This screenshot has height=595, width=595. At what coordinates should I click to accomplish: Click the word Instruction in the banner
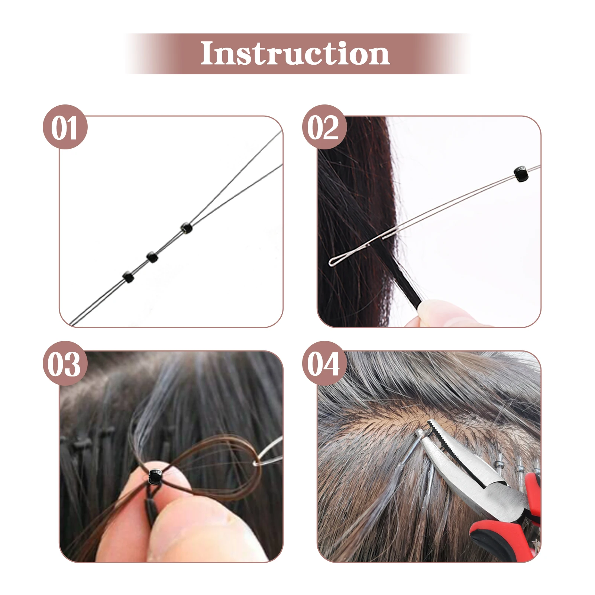295,54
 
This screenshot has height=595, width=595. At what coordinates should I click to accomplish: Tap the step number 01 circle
65,127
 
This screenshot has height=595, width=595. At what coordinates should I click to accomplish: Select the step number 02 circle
324,127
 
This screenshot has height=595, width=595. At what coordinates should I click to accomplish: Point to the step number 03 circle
65,363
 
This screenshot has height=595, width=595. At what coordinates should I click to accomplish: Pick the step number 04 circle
324,363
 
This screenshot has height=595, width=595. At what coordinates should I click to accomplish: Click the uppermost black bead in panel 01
186,228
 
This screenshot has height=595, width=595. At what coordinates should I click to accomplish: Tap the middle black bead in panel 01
152,257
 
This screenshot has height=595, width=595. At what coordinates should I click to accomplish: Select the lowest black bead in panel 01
128,277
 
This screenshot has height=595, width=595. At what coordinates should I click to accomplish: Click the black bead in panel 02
521,174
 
